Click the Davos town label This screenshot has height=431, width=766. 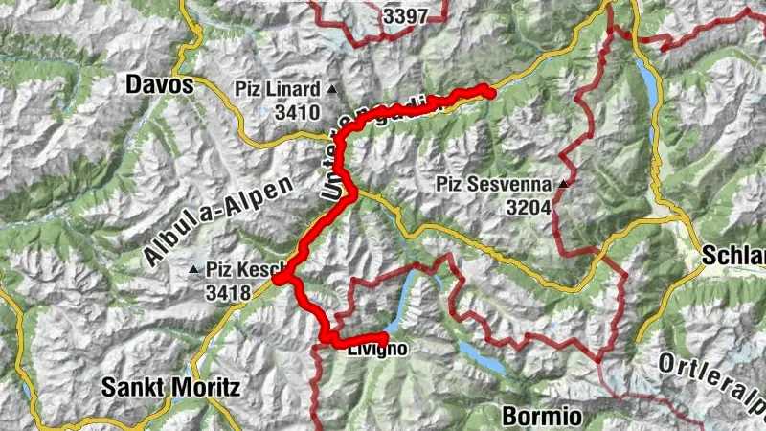coord(160,85)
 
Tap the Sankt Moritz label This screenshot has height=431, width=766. coord(170,387)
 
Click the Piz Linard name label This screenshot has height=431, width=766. coord(277,89)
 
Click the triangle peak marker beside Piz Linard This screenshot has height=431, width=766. coord(332,90)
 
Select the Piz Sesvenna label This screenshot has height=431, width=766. coord(495,183)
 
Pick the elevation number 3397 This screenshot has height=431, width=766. coord(405,16)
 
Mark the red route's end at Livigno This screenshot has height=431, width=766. coord(383,338)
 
